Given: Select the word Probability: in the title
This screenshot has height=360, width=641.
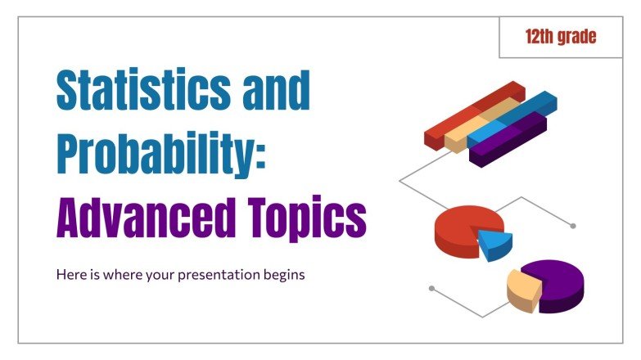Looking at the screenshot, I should (161, 155).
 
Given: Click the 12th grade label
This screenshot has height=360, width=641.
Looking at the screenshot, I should (561, 38).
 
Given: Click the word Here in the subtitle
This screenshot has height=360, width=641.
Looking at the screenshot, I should (70, 275).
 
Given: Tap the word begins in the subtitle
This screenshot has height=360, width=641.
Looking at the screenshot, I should (282, 275).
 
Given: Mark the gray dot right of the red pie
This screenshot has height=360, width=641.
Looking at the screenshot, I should (573, 226).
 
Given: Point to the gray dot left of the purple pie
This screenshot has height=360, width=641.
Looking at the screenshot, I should (431, 288).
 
